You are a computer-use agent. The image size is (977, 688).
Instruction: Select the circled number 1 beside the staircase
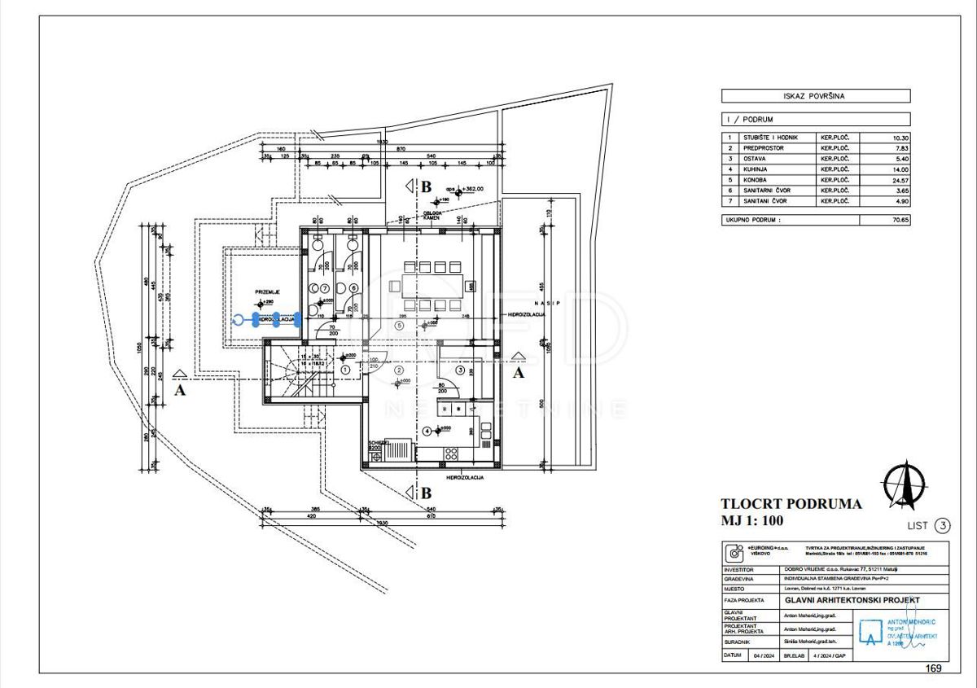coord(346,370)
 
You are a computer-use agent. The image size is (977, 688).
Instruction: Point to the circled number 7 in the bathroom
coord(323,288)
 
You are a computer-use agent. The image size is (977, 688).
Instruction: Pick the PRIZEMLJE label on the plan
coord(268,291)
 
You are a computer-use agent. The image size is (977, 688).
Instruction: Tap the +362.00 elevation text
coord(470,189)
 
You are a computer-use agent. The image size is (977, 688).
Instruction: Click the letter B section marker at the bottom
coord(425,493)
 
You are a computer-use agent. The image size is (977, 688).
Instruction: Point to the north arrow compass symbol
coord(905,484)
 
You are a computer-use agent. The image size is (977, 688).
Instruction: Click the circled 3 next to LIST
coord(941,525)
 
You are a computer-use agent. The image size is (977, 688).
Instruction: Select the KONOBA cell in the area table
coord(757,180)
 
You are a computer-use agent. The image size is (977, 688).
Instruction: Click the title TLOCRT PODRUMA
coord(791,504)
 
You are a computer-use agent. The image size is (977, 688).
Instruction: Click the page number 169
coord(933,668)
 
